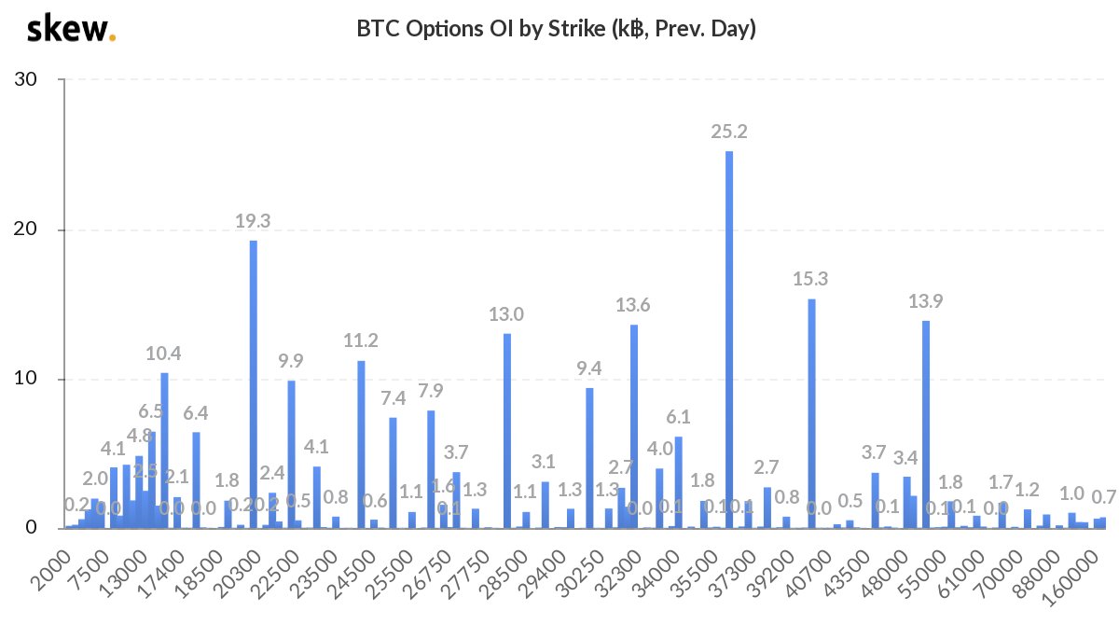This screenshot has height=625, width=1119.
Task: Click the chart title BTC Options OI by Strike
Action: click(556, 29)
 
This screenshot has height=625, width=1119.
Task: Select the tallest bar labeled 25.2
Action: click(729, 340)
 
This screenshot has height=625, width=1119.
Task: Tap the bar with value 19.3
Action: click(254, 384)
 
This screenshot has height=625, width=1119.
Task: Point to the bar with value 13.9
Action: click(926, 424)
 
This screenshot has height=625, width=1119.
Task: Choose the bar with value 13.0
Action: click(507, 431)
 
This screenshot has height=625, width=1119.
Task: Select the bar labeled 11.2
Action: click(361, 444)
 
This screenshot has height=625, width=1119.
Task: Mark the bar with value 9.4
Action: click(589, 458)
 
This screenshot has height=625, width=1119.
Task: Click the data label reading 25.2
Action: click(729, 132)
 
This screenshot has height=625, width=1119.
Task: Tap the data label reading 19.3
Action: click(253, 221)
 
